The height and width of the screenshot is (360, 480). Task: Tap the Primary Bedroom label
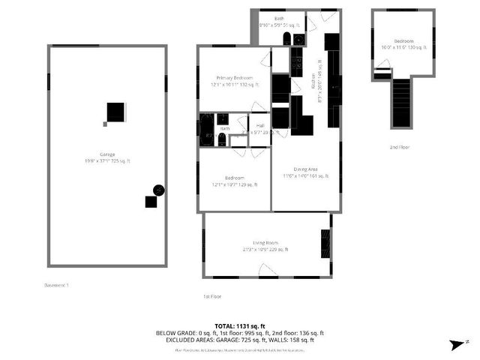point(235,78)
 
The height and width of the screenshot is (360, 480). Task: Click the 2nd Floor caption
point(400,148)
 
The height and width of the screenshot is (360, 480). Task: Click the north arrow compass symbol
point(454,343)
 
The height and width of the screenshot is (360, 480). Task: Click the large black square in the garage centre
point(115,112)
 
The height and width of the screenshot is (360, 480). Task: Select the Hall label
point(259,126)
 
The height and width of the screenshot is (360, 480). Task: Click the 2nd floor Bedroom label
point(403,41)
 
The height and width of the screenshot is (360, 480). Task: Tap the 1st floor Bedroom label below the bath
point(235,178)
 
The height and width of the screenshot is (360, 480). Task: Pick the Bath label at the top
point(279,19)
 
